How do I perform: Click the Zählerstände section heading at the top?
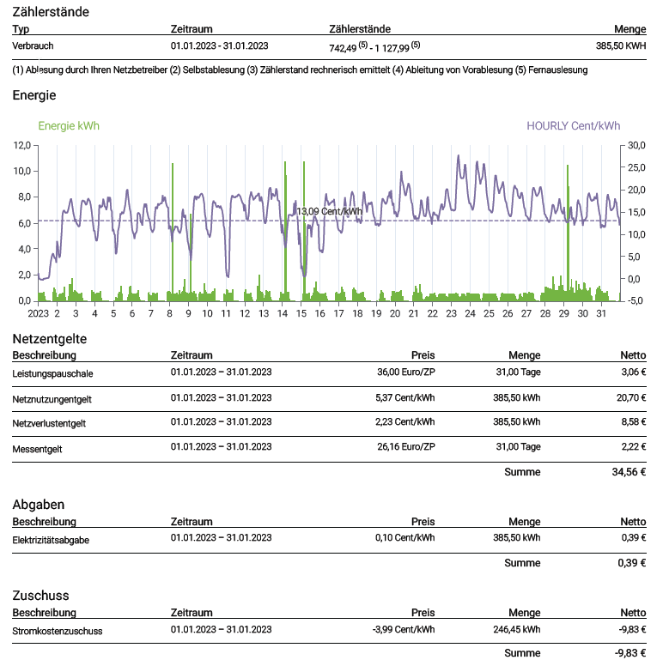[51, 12]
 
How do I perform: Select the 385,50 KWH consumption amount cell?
[621, 46]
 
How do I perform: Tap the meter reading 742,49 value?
[343, 48]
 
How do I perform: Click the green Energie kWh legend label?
[69, 126]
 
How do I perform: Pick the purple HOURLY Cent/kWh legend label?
[573, 126]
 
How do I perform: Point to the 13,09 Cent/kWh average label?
[329, 211]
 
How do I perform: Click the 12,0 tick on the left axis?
[22, 145]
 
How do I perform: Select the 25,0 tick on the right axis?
[636, 167]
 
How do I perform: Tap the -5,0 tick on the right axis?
[636, 300]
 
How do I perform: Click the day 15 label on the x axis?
[301, 314]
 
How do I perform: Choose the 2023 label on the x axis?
[39, 314]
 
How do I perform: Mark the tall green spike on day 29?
[568, 233]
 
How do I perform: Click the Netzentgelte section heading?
[50, 339]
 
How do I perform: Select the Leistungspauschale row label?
[52, 374]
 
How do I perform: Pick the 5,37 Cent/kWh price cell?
[404, 398]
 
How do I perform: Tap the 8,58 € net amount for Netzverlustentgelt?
[634, 422]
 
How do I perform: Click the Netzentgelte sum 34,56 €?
[629, 472]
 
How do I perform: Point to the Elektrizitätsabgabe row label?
[51, 540]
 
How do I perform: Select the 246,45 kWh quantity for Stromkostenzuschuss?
[517, 630]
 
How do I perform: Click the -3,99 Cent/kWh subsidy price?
[404, 630]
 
